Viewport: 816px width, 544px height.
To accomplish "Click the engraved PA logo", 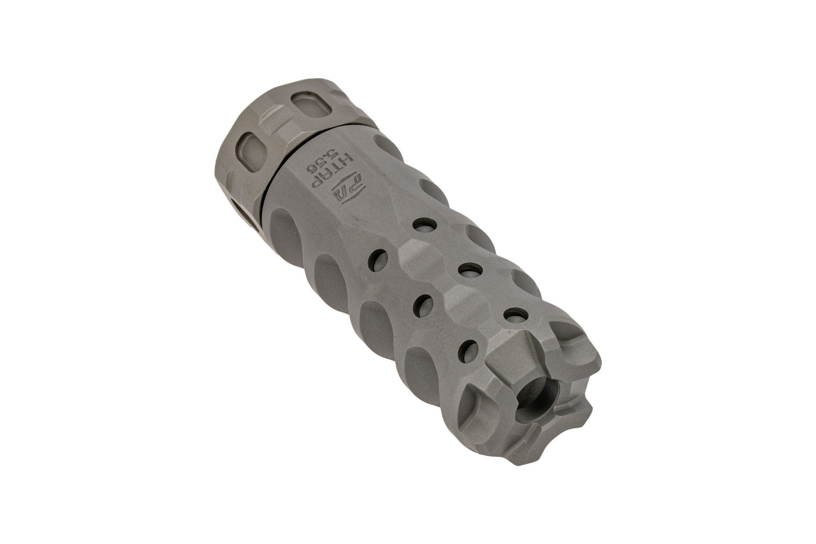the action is [347, 190].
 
